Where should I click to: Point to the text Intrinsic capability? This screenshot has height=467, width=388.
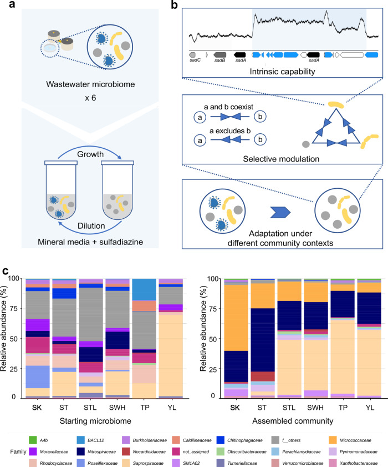point(283,72)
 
